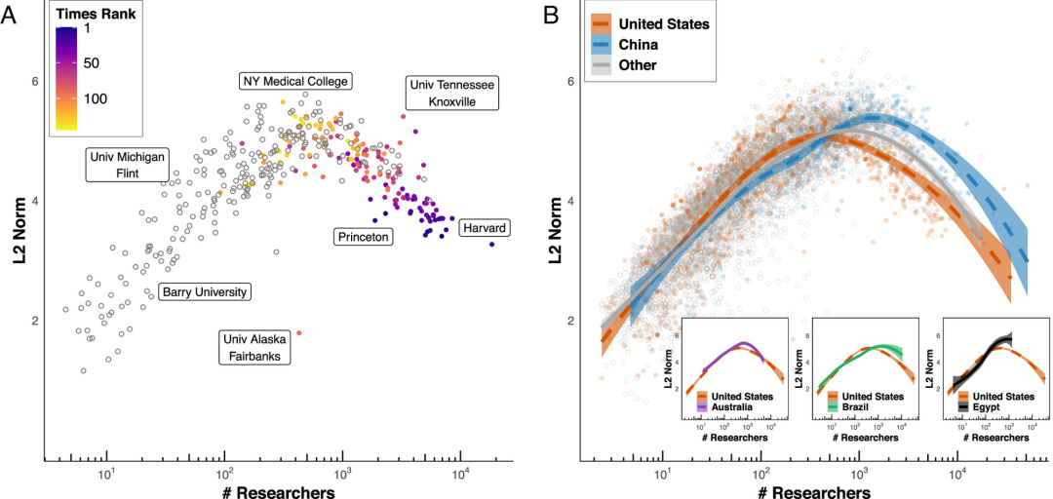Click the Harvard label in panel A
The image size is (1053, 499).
click(484, 227)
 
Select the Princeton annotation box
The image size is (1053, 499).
click(363, 236)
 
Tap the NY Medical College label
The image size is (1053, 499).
click(294, 81)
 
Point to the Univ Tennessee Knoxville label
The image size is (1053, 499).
click(450, 94)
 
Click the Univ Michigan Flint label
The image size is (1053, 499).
click(128, 164)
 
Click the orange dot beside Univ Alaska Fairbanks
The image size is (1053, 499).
click(299, 332)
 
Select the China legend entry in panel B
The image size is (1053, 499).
click(639, 44)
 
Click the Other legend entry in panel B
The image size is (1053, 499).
click(638, 65)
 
